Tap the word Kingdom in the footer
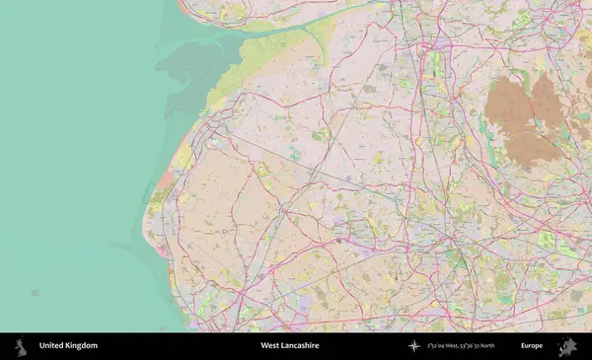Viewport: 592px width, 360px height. click(81, 346)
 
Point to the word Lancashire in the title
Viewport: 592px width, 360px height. click(301, 346)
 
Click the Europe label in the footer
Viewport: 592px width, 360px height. click(532, 346)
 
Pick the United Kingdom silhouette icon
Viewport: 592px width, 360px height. click(19, 346)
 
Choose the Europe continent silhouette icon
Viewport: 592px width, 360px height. click(566, 346)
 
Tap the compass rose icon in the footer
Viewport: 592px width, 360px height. click(414, 346)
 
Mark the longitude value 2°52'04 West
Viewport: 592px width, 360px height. click(447, 346)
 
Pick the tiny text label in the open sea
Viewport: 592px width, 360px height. click(36, 293)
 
